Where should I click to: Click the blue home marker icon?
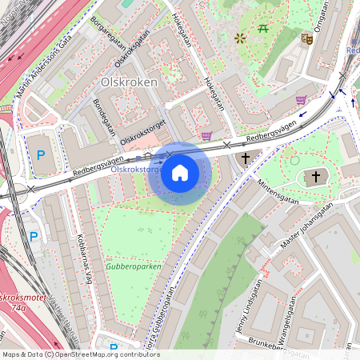click(180, 173)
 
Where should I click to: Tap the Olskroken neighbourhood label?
click(129, 82)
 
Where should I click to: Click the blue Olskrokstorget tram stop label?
click(136, 170)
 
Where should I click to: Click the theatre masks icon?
click(306, 38)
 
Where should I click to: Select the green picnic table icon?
click(263, 30)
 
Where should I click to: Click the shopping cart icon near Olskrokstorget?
click(207, 136)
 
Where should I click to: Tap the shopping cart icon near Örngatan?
click(301, 100)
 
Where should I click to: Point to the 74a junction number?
click(17, 306)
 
